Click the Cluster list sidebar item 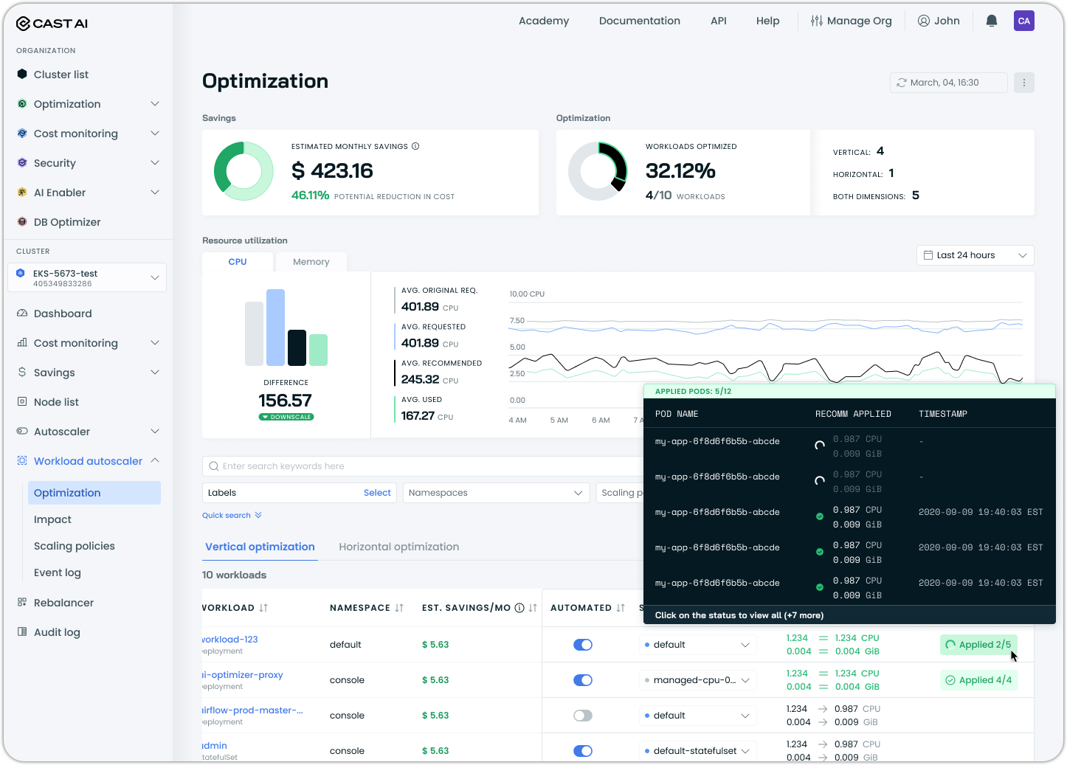pos(61,75)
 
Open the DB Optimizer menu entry pos(67,222)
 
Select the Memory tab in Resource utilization pos(311,262)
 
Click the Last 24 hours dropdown pos(975,255)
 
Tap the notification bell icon pos(992,21)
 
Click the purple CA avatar pos(1023,21)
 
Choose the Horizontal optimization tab pos(398,547)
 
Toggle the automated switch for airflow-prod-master pos(583,716)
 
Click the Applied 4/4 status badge pos(978,680)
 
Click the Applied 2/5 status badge pos(978,645)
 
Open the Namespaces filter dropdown pos(496,493)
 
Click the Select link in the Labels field pos(377,493)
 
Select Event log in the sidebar pos(58,572)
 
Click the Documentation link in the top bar pos(640,21)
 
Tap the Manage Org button pos(852,21)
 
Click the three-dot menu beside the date pos(1023,83)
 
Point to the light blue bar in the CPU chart pos(275,328)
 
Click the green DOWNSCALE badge pos(286,417)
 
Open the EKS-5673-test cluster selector pos(87,277)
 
